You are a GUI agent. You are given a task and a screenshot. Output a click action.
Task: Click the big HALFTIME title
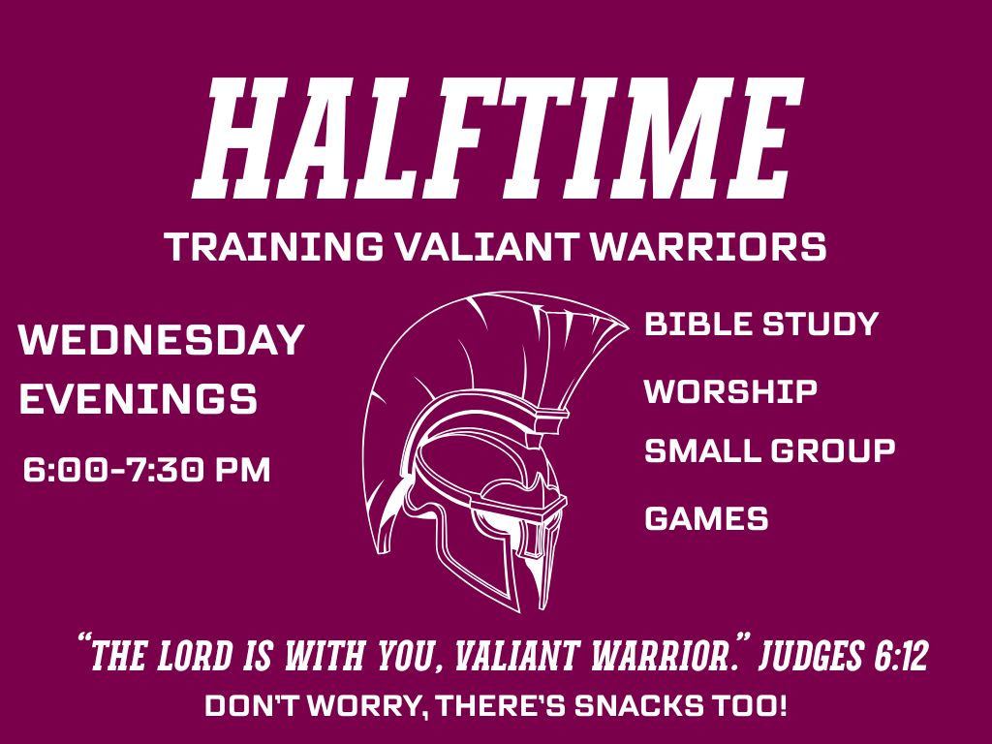pos(499,138)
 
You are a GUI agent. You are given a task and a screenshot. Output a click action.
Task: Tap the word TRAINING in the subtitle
pos(274,246)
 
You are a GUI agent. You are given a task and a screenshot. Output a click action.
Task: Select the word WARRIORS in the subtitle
pos(708,246)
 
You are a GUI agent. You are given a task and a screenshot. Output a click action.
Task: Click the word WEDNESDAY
pos(162,340)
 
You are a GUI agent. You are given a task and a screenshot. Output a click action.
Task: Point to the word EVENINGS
pos(139,398)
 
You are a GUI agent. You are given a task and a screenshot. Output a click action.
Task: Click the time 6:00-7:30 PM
pos(147,470)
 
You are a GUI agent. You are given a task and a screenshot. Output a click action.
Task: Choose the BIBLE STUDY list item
pos(761,324)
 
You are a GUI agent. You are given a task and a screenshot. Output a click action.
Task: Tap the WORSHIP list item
pos(730,391)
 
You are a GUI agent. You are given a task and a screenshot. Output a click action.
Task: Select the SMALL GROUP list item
pos(770,451)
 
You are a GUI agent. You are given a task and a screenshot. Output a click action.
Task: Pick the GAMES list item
pos(706,519)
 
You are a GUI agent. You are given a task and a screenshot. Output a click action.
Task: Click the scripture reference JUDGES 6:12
pos(844,655)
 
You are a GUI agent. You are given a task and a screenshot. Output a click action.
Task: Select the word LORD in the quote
pos(194,656)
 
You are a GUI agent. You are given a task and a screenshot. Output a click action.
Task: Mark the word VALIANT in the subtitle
pos(486,246)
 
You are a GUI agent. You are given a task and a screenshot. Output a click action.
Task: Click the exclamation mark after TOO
pos(782,706)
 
